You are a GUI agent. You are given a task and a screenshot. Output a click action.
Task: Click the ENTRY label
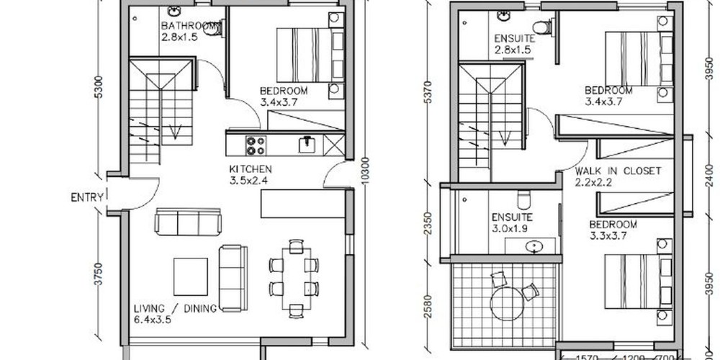click(x=87, y=198)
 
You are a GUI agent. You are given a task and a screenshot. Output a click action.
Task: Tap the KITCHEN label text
click(x=251, y=169)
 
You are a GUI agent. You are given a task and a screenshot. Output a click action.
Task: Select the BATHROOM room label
click(x=188, y=26)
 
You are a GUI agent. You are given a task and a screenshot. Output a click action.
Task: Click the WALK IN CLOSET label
click(x=618, y=171)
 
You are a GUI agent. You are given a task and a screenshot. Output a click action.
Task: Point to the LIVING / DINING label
click(x=175, y=309)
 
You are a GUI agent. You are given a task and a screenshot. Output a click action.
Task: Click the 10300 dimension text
click(x=365, y=171)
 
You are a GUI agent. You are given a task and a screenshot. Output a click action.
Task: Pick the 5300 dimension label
click(x=98, y=87)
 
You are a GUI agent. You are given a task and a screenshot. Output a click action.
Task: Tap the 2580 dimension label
click(x=428, y=306)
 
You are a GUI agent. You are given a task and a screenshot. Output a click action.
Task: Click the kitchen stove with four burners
click(x=256, y=146)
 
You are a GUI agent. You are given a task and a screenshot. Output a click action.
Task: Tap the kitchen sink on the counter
click(x=307, y=145)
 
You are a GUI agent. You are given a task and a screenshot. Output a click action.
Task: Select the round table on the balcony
click(x=506, y=304)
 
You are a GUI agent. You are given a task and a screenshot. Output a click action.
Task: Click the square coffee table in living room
click(x=191, y=276)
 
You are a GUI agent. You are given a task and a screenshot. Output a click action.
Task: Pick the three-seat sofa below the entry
click(x=188, y=222)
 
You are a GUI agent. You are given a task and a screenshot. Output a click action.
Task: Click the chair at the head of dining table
click(x=296, y=246)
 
